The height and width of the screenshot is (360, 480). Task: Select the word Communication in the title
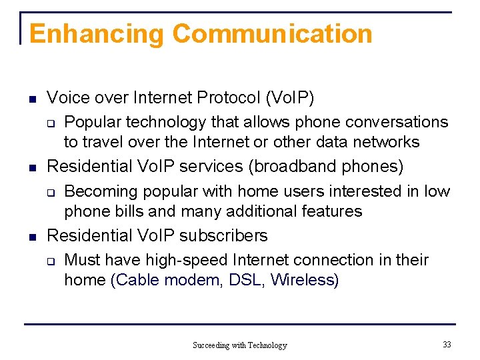pos(272,34)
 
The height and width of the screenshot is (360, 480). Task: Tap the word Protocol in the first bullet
pos(228,98)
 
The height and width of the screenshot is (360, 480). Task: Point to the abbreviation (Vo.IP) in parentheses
pos(290,98)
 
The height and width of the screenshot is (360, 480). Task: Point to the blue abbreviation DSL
pos(245,280)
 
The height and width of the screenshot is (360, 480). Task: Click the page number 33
pos(446,344)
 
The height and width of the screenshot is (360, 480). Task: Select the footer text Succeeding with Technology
pos(239,345)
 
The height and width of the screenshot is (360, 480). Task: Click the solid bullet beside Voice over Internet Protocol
pos(31,99)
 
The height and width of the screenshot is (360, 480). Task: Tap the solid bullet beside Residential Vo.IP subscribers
pos(31,236)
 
